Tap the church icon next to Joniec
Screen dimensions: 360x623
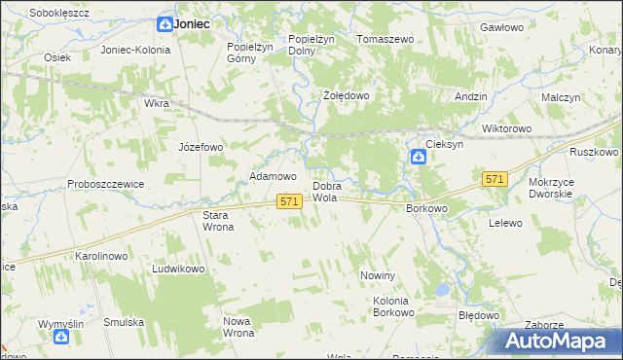pyautogui.click(x=165, y=23)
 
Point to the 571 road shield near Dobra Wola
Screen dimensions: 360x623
pyautogui.click(x=287, y=200)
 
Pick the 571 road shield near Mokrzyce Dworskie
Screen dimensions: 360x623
pyautogui.click(x=495, y=179)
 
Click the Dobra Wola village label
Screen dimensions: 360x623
pyautogui.click(x=325, y=192)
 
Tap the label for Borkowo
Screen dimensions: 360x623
pyautogui.click(x=425, y=208)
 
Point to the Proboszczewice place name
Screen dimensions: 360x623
pyautogui.click(x=105, y=184)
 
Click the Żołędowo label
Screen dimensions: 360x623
pyautogui.click(x=346, y=96)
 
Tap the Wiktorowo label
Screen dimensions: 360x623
pyautogui.click(x=506, y=128)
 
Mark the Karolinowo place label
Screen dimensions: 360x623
pyautogui.click(x=102, y=256)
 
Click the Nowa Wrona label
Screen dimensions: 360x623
pyautogui.click(x=238, y=327)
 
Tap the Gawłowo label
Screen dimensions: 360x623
pyautogui.click(x=502, y=28)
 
